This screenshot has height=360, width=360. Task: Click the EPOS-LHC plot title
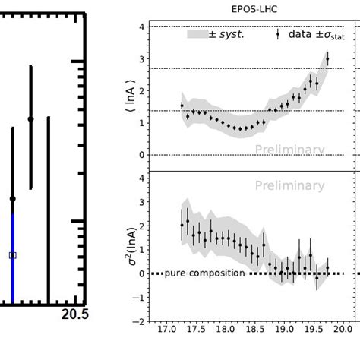coord(246,9)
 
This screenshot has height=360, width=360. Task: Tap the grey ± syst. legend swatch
coord(196,34)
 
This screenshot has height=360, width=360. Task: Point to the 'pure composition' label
coord(204,273)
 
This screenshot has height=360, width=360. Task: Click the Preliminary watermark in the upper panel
coord(289,150)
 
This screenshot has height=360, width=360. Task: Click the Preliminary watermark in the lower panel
coord(289,185)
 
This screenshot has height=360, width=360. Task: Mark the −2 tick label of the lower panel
coord(141,321)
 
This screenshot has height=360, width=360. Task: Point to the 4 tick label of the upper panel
coord(141,27)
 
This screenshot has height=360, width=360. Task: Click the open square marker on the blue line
coord(12,255)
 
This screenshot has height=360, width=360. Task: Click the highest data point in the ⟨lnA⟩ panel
coord(327,58)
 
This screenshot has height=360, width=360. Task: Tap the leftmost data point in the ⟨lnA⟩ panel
coord(182,106)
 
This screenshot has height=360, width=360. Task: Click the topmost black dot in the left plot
coord(30,118)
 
